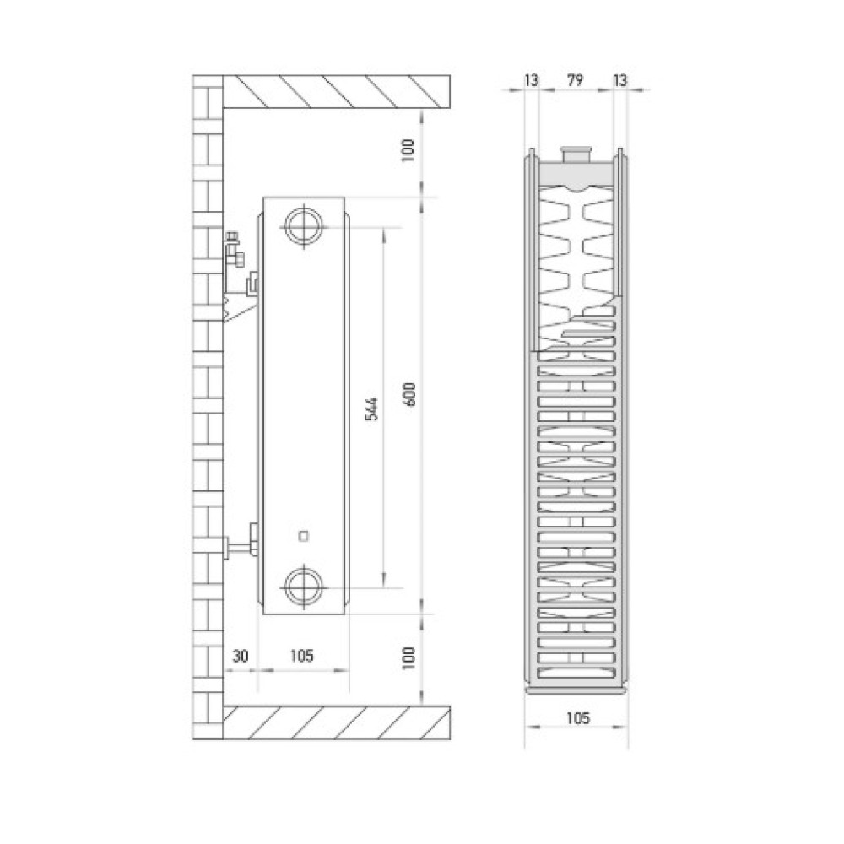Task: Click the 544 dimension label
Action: coord(371,408)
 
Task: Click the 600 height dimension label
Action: coord(409,394)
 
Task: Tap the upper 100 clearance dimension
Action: coord(408,150)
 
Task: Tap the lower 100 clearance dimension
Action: coord(408,657)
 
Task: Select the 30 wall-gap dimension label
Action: coord(240,656)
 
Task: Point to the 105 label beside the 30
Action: coord(301,655)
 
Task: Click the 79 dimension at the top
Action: coord(575,80)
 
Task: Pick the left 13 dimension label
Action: coord(531,80)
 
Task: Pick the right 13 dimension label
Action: coord(620,80)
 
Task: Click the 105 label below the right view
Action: coord(577,718)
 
